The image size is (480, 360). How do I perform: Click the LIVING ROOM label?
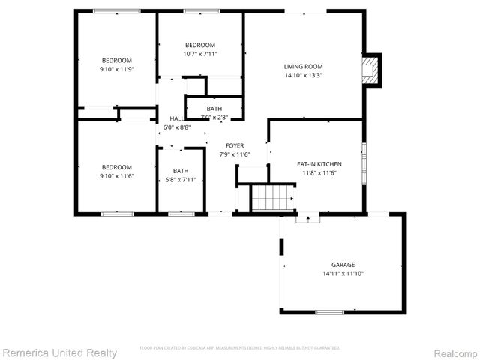[303, 65]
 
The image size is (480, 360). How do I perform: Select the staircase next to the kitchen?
[272, 198]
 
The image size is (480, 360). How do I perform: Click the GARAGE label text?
[343, 264]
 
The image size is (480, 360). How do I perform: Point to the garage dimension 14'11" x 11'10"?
[343, 273]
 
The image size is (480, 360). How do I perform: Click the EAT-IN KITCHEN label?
[319, 163]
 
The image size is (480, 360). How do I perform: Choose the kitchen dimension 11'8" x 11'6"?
[319, 172]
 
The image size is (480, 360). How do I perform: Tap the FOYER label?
[235, 145]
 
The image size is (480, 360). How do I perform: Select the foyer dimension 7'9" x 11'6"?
[235, 154]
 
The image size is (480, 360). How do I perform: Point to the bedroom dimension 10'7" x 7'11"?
[200, 54]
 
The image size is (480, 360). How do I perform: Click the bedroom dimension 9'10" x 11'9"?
[117, 69]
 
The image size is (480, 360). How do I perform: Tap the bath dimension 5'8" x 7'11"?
[181, 179]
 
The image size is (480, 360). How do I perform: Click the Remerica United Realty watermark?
[59, 352]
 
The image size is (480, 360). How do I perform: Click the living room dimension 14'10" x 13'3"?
[303, 74]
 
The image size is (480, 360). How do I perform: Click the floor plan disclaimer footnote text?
[239, 348]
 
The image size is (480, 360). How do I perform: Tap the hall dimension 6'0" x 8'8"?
[177, 127]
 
